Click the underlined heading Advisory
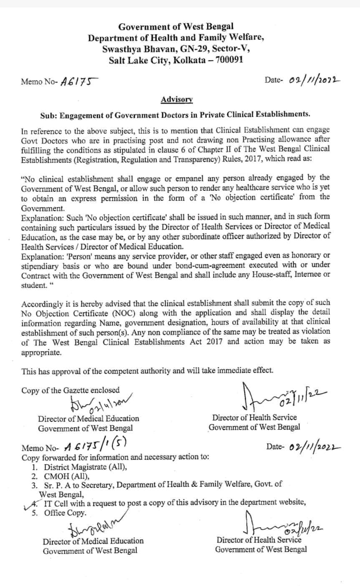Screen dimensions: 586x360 click(x=176, y=100)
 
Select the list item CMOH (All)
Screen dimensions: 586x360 click(x=67, y=476)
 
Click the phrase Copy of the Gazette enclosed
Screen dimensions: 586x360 click(x=70, y=390)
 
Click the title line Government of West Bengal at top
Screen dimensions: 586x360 click(x=176, y=27)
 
